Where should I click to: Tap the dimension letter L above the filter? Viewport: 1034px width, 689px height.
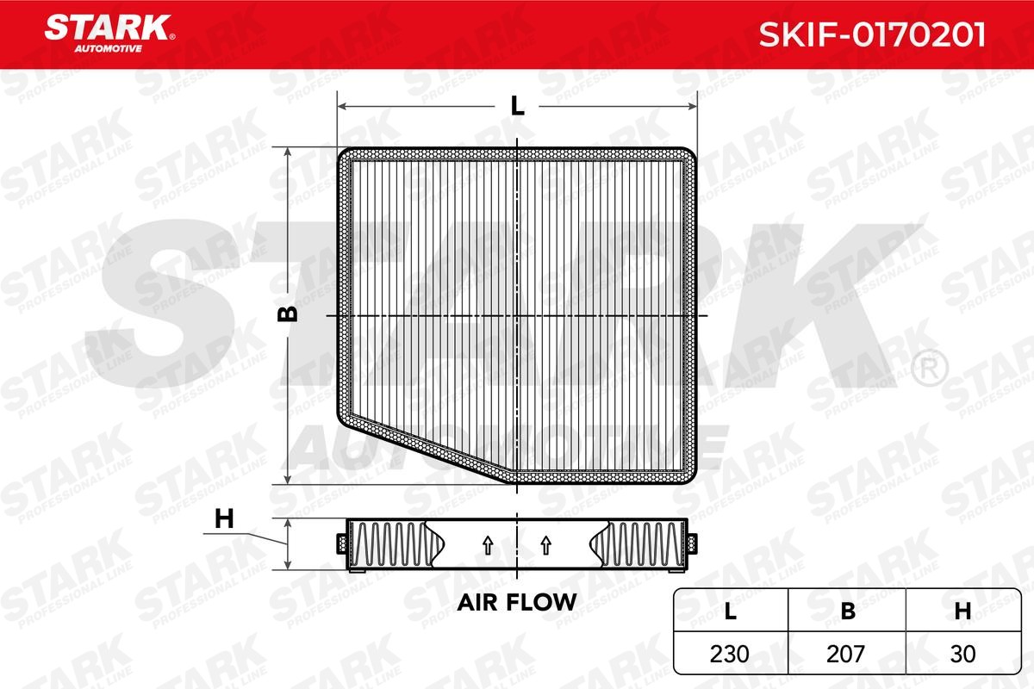point(517,106)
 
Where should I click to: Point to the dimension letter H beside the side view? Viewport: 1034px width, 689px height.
point(224,518)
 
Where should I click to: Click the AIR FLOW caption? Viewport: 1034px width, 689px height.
point(516,602)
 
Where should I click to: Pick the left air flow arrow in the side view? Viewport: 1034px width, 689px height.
point(487,544)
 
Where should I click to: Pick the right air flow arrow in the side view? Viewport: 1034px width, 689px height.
point(545,544)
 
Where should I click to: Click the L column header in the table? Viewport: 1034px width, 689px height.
point(731,611)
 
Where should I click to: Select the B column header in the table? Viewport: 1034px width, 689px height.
point(848,611)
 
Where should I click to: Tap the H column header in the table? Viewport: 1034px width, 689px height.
point(963,611)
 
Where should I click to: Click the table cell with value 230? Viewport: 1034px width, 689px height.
point(731,654)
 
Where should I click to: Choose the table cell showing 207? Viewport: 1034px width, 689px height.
point(848,654)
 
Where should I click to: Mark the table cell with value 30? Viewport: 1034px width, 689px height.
point(963,654)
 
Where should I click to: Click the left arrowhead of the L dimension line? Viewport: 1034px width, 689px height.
point(341,106)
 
